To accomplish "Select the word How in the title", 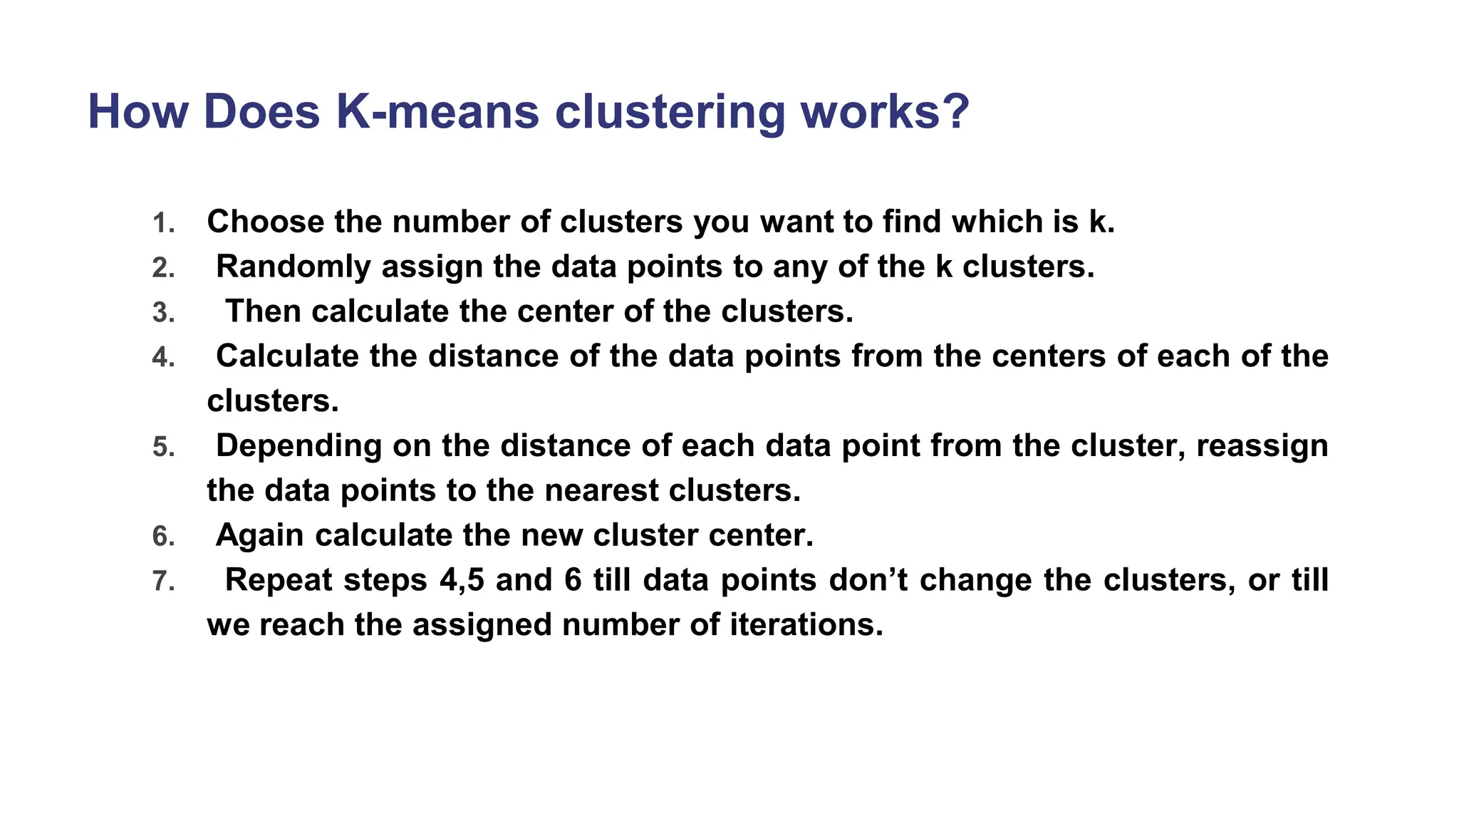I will (137, 112).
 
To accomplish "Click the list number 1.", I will (163, 223).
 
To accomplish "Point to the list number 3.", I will (163, 313).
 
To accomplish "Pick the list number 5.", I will (163, 447).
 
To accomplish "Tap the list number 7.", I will (163, 582).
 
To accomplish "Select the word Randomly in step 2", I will (293, 267).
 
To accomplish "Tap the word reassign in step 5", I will (1262, 446).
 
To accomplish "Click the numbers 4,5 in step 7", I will (462, 580).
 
